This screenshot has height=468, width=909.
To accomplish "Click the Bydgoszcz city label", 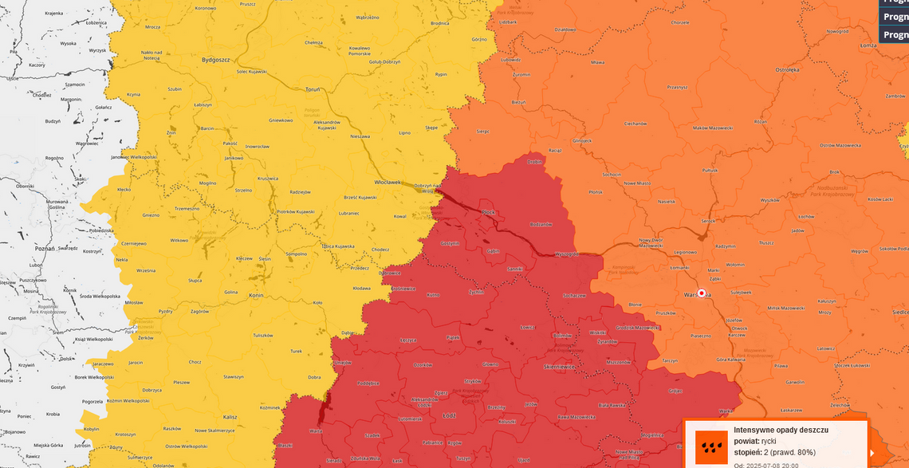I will pyautogui.click(x=215, y=59).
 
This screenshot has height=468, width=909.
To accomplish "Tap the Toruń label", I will pyautogui.click(x=313, y=89).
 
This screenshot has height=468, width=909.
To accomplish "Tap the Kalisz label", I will pyautogui.click(x=230, y=417).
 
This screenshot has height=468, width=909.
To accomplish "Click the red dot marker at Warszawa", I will pyautogui.click(x=702, y=293).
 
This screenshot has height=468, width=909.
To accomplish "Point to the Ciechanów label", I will pyautogui.click(x=636, y=124).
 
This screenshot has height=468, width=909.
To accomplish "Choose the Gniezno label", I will pyautogui.click(x=150, y=215).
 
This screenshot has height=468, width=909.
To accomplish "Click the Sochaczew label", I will pyautogui.click(x=574, y=296).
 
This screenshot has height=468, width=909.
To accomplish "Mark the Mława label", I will pyautogui.click(x=597, y=61).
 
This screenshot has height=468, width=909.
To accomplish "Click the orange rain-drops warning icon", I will pyautogui.click(x=711, y=447).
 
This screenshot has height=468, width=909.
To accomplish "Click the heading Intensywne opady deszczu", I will pyautogui.click(x=781, y=430).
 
